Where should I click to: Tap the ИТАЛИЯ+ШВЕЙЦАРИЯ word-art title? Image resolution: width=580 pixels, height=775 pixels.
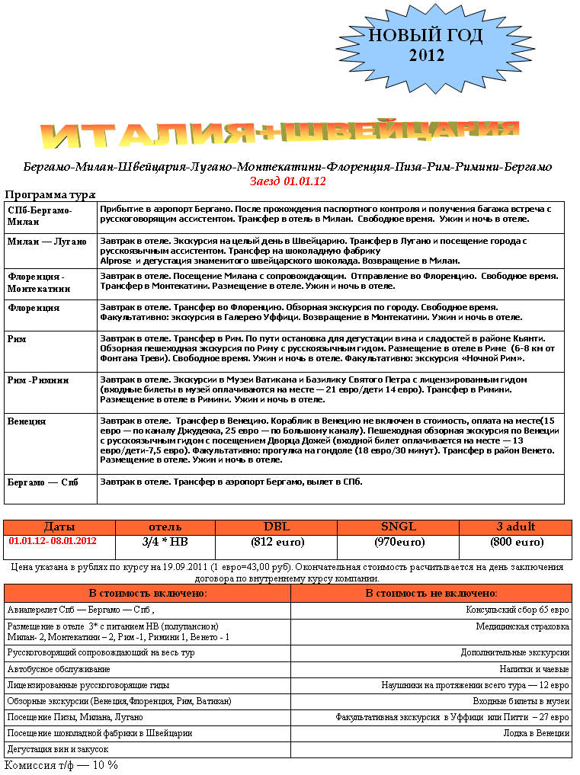point(280,135)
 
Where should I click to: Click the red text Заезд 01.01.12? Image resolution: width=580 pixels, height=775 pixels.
point(287,181)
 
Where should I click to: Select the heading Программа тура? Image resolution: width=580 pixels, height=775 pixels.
point(50,194)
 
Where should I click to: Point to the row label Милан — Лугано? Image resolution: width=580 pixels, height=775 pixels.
point(47,242)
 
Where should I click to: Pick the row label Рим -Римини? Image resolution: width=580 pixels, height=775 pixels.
point(39,379)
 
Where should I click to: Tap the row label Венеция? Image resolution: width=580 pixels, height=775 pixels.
point(27,421)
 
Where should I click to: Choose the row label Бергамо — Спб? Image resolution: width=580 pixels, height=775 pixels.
point(43,482)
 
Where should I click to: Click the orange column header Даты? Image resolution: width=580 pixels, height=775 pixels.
point(59,527)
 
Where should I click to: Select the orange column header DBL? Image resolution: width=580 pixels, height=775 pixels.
point(277,527)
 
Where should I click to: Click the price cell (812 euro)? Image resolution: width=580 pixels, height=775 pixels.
point(277,542)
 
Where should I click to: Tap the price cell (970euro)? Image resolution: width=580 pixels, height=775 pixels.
point(399,542)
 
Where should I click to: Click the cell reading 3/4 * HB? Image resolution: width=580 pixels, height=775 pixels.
point(165,542)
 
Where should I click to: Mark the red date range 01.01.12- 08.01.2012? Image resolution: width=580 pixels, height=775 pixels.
point(53,541)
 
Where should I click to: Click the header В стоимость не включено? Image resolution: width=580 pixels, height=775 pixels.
point(431,593)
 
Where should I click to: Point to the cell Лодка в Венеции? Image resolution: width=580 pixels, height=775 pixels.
point(536,733)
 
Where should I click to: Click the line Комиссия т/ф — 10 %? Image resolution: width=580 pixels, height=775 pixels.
point(61,764)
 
